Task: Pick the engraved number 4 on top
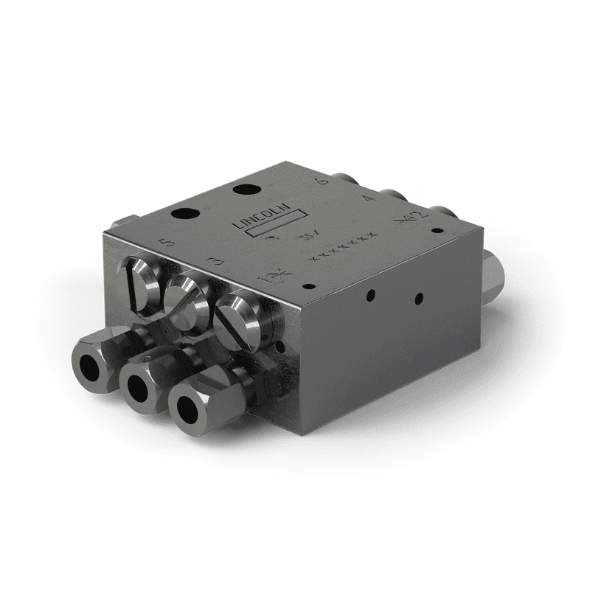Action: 369,198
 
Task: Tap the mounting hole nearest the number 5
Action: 182,215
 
